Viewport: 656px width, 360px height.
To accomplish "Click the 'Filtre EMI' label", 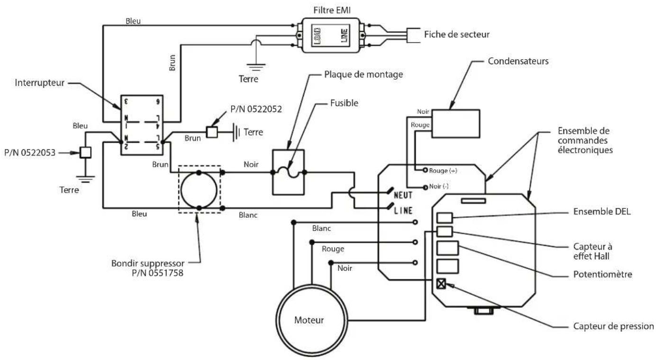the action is [x=332, y=10].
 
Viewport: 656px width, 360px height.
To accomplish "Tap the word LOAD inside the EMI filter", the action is [x=317, y=36].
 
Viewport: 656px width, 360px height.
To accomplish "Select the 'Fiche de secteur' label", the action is [x=456, y=35].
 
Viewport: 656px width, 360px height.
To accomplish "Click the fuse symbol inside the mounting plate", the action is [x=289, y=172].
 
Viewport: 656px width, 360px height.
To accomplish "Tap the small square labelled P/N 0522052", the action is [x=212, y=132].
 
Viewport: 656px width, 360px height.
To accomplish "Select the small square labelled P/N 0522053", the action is [x=85, y=152].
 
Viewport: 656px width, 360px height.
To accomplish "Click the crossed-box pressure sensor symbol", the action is [x=441, y=284].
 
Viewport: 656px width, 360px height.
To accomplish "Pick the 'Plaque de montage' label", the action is [x=364, y=74].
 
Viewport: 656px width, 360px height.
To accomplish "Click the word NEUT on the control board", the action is [x=403, y=195].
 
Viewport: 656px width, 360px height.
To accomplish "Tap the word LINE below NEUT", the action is [x=403, y=211].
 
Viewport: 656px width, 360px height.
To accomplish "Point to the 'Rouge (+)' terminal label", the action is [x=443, y=171].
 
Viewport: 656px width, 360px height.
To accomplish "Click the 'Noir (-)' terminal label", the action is [x=439, y=186].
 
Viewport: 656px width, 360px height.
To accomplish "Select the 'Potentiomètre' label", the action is [x=603, y=275].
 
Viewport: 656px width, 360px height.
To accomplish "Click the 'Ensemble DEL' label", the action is [x=602, y=212].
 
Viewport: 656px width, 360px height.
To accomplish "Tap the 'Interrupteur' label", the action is [x=39, y=83].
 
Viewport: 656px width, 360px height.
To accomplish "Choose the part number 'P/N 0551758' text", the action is [x=157, y=273].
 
